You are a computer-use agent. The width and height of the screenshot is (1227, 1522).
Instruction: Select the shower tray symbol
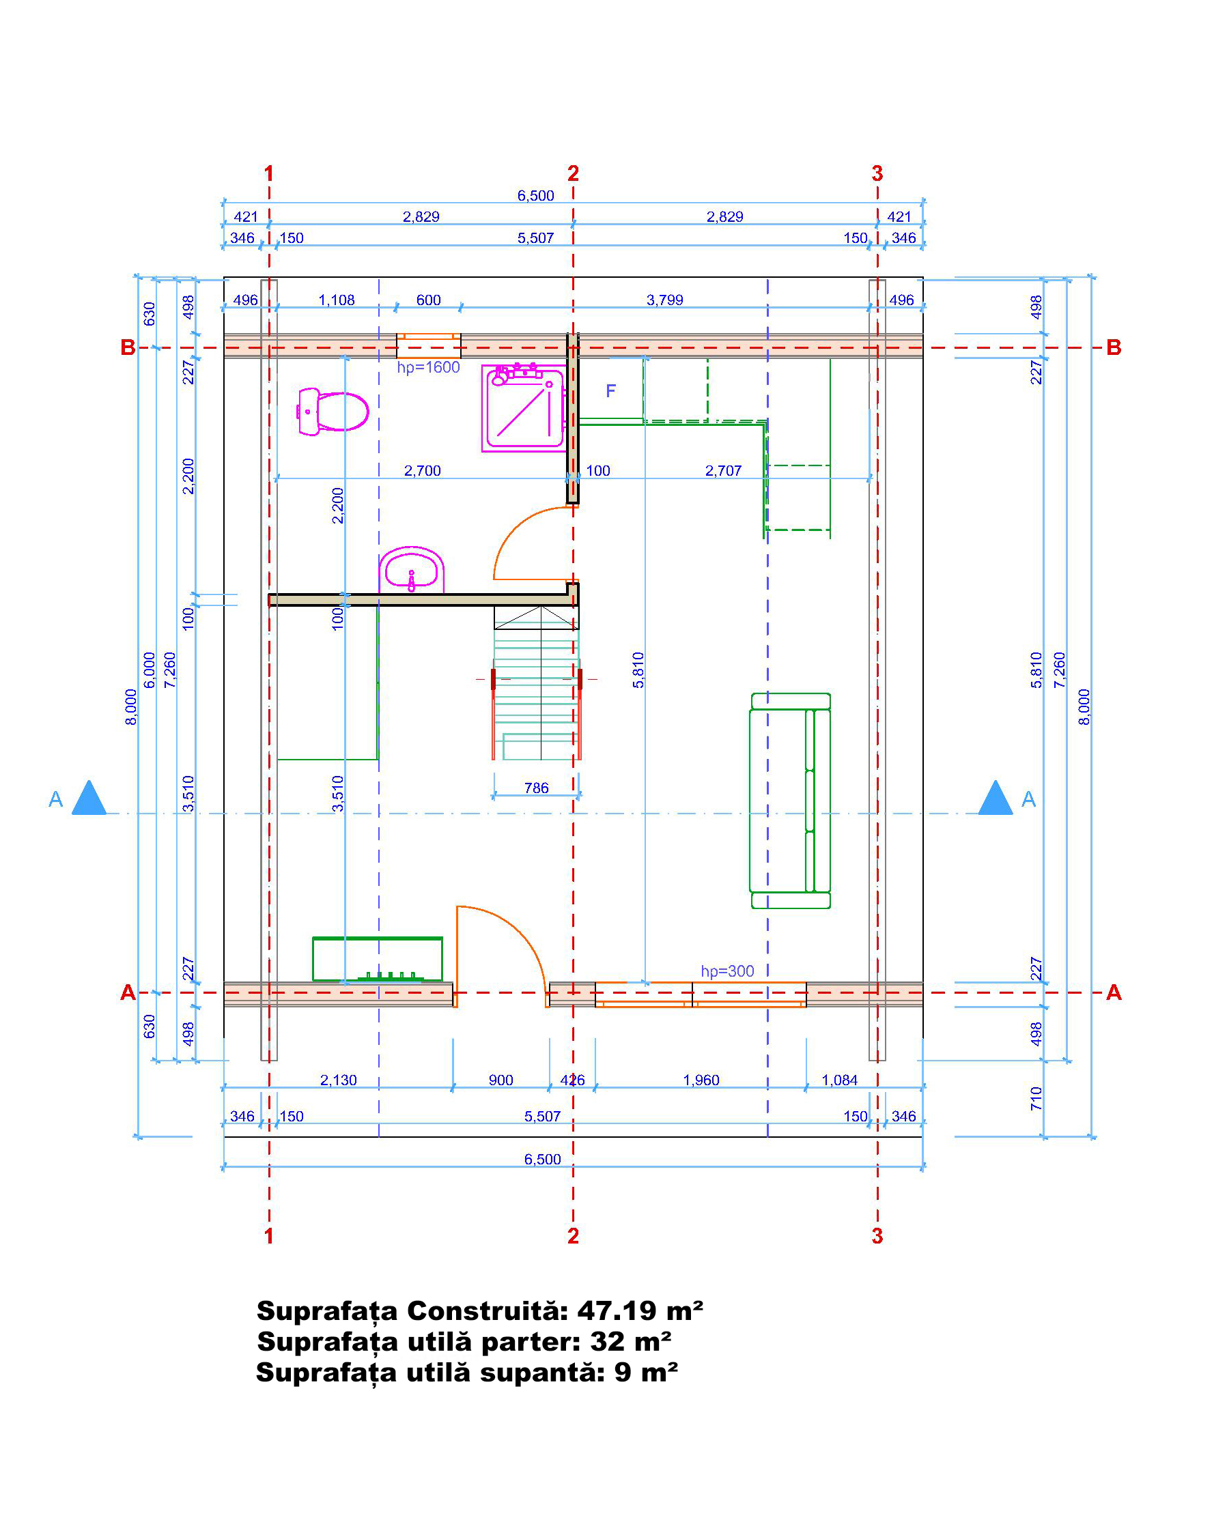click(x=524, y=407)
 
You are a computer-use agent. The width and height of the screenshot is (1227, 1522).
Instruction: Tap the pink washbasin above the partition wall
click(x=411, y=569)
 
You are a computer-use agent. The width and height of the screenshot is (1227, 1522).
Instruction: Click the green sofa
click(x=790, y=801)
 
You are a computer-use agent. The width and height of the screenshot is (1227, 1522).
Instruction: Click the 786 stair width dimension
click(x=537, y=788)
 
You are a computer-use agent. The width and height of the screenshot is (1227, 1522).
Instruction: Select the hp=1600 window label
click(x=428, y=367)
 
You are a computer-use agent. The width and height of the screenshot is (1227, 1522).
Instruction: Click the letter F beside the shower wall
click(x=610, y=391)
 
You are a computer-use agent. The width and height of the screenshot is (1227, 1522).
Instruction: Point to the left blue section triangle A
click(x=89, y=799)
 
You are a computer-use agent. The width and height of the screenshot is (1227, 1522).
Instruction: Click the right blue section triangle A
click(x=995, y=799)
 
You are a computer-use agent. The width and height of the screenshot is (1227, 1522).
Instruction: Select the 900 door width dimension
click(x=500, y=1080)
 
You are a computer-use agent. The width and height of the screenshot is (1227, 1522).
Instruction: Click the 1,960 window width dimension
click(x=701, y=1080)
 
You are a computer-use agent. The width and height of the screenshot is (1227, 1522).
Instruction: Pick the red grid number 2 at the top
click(x=573, y=173)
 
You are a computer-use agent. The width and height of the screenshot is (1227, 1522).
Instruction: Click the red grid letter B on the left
click(x=128, y=347)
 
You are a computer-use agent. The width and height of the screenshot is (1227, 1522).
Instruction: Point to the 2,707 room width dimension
click(x=723, y=470)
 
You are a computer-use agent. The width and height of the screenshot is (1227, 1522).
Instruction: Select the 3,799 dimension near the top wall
click(x=664, y=300)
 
